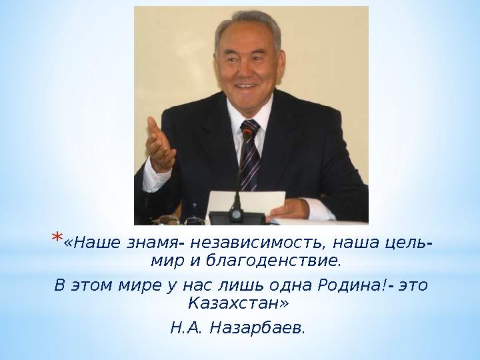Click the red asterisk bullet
[57, 237]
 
